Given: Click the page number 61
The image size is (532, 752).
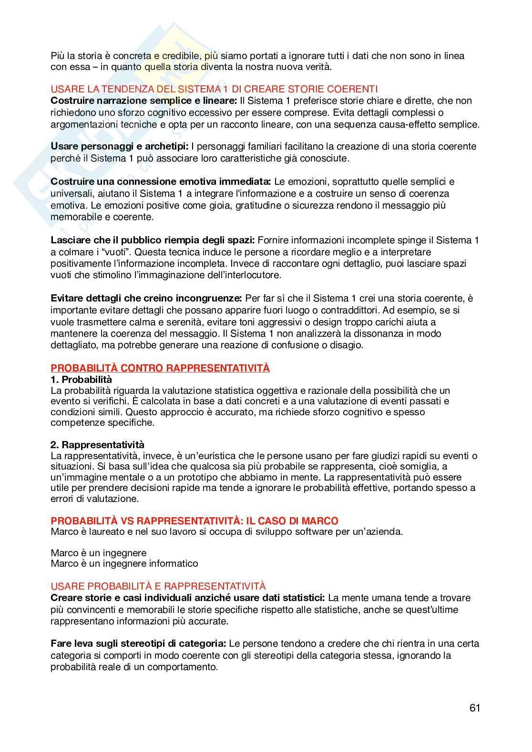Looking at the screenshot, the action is (474, 708).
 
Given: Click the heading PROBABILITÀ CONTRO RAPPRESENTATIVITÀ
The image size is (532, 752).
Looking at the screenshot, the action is (160, 368).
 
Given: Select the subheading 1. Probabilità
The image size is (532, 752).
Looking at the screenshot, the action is (81, 380).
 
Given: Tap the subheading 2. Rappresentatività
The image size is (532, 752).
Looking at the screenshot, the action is (97, 445).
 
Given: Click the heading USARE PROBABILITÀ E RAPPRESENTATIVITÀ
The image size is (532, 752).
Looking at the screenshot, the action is (158, 586).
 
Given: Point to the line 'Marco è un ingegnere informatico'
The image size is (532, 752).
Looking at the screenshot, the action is (124, 563).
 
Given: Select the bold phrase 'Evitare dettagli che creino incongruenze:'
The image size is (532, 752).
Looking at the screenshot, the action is (146, 299).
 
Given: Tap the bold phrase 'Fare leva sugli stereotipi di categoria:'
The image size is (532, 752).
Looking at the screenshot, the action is (139, 644).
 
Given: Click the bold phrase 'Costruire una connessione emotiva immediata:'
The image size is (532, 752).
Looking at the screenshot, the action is (161, 181).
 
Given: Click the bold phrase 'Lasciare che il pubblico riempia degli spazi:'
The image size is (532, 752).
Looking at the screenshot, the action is (153, 240).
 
